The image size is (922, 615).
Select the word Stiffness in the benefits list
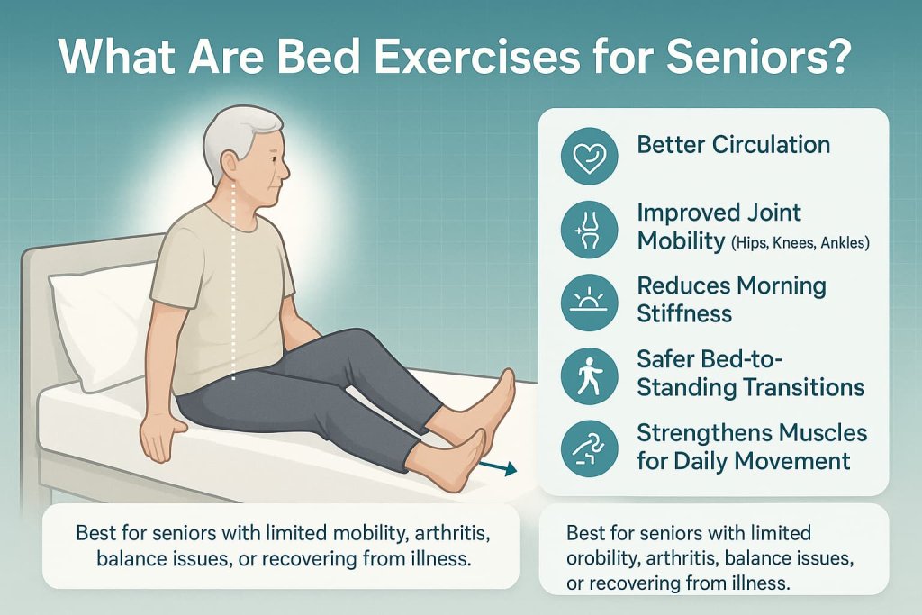(x=684, y=314)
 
